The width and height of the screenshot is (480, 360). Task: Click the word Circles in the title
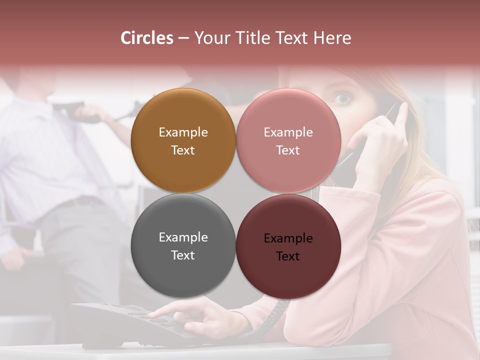pos(147,38)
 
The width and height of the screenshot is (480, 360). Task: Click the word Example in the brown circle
pos(183,132)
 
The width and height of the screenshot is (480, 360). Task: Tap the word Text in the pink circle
pos(288,150)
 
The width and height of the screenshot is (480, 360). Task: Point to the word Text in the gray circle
pos(183,255)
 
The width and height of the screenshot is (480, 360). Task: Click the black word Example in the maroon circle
pos(288,238)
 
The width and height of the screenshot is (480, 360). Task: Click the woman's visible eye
pos(342,98)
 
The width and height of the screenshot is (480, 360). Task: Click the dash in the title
pos(183,38)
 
